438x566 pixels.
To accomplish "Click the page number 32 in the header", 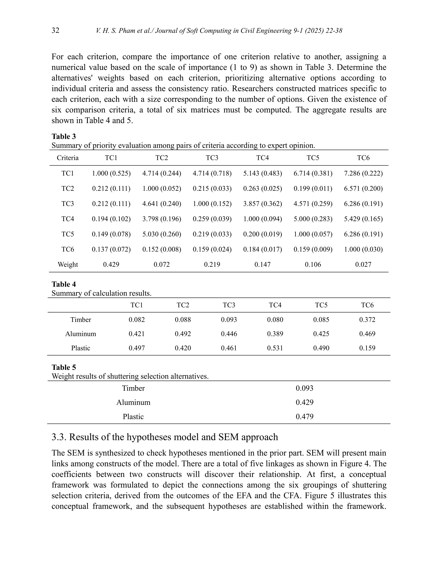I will [x=55, y=30].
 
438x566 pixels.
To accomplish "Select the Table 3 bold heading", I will [x=64, y=136].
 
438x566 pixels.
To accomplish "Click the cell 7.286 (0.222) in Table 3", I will [x=363, y=173].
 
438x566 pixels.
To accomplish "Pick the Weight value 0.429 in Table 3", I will [x=111, y=264].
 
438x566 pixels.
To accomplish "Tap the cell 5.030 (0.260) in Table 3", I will [x=162, y=234].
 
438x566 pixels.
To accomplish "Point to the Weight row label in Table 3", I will [x=68, y=264].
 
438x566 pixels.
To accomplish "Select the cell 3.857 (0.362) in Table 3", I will [x=262, y=204].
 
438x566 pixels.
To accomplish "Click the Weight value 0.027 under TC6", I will [x=363, y=264].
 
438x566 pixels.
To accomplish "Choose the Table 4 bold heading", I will [x=64, y=284].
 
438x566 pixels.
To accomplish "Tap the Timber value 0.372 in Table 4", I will [x=367, y=320].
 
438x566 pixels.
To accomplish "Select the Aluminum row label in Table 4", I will [x=80, y=334].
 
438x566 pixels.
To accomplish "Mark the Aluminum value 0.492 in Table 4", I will [x=183, y=334].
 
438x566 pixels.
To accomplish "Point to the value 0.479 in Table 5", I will [x=304, y=416].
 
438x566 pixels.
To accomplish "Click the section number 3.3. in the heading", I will [x=59, y=437].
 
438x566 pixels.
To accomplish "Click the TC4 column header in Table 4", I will [x=275, y=305].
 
